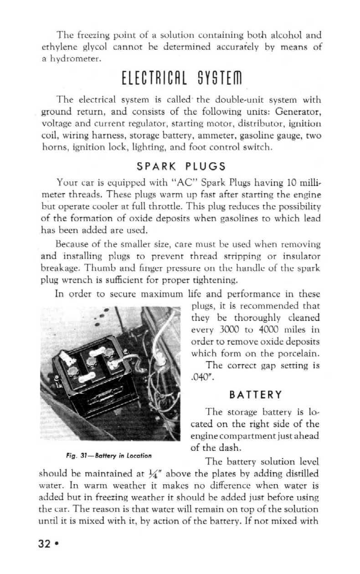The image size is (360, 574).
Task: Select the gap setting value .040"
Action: pos(197,377)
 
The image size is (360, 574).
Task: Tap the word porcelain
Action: pos(296,353)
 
